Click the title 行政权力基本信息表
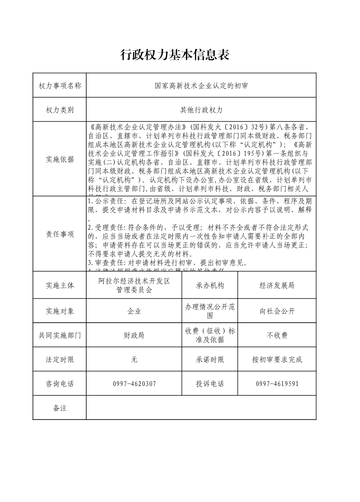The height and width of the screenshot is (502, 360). (175, 55)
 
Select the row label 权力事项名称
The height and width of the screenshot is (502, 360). (60, 86)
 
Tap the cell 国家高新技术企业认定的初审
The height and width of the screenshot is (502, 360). (201, 86)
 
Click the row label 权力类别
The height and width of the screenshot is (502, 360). (60, 110)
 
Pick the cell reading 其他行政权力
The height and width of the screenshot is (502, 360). (201, 110)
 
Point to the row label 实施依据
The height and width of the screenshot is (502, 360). (60, 159)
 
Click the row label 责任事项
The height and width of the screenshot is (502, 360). (60, 234)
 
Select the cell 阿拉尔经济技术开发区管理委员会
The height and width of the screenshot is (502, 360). (134, 285)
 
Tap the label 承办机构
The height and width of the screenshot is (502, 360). (210, 285)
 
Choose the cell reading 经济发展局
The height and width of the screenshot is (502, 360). (277, 285)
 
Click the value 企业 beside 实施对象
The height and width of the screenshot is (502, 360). (134, 311)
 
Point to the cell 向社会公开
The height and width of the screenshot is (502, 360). (277, 311)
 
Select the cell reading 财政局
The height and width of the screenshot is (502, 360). (134, 336)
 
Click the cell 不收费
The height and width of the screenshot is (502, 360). (277, 336)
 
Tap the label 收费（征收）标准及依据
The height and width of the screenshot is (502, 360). (210, 336)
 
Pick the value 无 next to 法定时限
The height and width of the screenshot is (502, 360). (134, 360)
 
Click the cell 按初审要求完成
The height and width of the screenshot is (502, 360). (277, 360)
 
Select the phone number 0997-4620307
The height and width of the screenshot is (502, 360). (134, 384)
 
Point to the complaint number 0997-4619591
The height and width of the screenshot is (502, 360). (277, 384)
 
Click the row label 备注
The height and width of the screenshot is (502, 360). (60, 408)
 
